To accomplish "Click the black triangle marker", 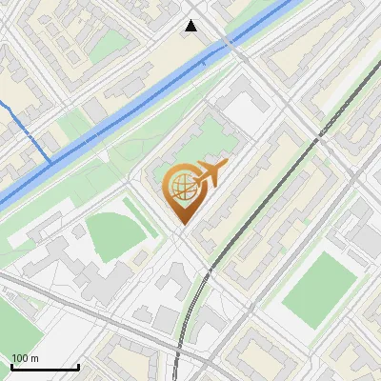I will pyautogui.click(x=191, y=26).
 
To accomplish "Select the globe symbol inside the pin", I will pyautogui.click(x=180, y=186).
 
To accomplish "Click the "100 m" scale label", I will pyautogui.click(x=25, y=358).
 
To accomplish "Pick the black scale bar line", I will pyautogui.click(x=44, y=367).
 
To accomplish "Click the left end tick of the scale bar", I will pyautogui.click(x=10, y=365).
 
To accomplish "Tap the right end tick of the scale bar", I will pyautogui.click(x=78, y=365).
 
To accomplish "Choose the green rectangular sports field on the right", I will pyautogui.click(x=319, y=286).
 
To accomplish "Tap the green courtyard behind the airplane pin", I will pyautogui.click(x=205, y=143).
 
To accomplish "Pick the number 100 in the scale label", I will pyautogui.click(x=19, y=358).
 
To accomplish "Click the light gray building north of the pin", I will pyautogui.click(x=243, y=110).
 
